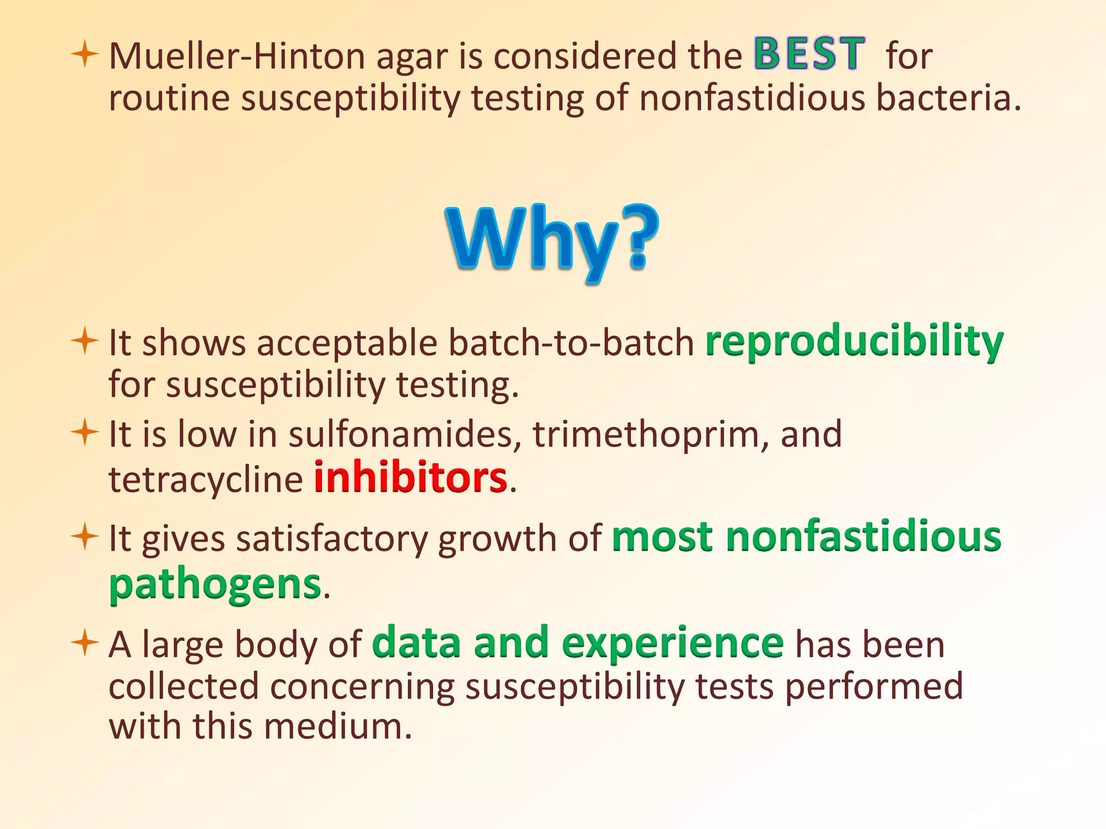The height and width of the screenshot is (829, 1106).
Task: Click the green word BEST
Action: click(x=809, y=54)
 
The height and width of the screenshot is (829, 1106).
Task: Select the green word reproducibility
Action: click(x=854, y=342)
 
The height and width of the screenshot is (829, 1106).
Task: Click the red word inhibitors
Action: click(x=410, y=478)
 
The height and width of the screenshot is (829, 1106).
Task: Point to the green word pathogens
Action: click(x=215, y=585)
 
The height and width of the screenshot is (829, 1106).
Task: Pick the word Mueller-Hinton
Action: click(x=238, y=56)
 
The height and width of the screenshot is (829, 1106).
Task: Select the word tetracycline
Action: click(x=206, y=479)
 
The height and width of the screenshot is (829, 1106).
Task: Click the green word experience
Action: click(x=672, y=643)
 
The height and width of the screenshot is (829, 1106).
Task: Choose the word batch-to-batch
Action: click(x=571, y=343)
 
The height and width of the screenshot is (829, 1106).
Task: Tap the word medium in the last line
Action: click(x=338, y=726)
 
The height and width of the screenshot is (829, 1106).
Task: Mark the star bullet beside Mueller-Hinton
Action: click(x=85, y=55)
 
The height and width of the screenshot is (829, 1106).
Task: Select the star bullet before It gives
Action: click(x=85, y=537)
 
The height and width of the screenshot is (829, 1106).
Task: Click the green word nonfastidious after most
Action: click(x=864, y=537)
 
